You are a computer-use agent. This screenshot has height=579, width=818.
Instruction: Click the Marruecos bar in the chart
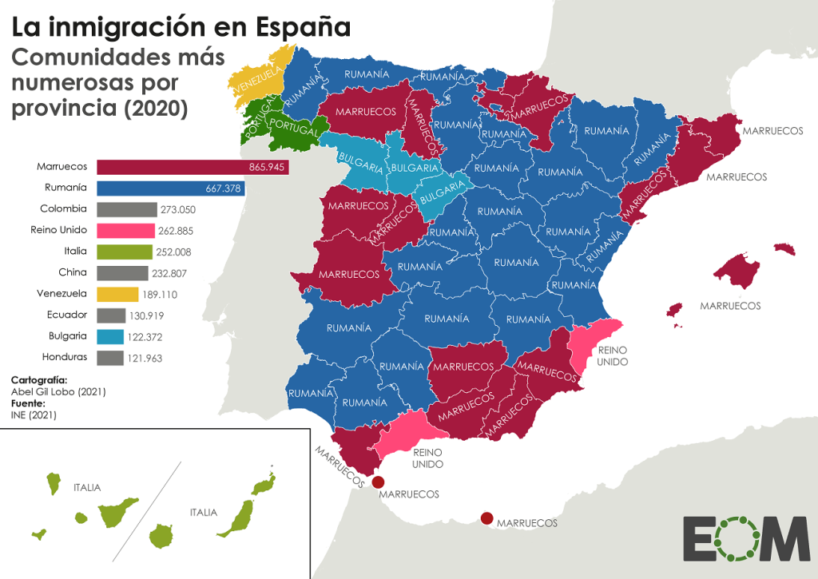[193, 167]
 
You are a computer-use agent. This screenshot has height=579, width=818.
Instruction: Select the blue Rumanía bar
[170, 188]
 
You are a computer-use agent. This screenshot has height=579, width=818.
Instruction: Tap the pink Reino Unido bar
[125, 230]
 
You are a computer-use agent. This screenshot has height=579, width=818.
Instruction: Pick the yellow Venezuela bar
[117, 294]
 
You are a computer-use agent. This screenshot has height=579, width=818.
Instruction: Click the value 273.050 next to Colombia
[178, 209]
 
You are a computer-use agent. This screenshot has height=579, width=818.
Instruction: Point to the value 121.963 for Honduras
[145, 358]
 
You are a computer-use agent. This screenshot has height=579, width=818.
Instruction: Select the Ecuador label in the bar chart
[68, 315]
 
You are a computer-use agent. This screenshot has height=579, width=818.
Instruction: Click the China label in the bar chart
[73, 272]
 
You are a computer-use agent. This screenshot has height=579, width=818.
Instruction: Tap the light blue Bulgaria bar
[110, 336]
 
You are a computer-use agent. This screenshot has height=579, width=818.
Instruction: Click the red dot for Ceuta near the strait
[379, 482]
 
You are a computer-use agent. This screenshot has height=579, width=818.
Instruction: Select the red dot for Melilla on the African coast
[487, 518]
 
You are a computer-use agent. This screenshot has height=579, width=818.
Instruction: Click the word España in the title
[303, 27]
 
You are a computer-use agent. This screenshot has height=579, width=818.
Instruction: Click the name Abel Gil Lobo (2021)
[58, 392]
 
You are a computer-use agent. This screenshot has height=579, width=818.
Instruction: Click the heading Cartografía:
[39, 380]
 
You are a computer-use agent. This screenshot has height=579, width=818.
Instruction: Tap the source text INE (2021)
[34, 415]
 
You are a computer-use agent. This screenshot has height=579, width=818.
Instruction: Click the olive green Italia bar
[124, 252]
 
